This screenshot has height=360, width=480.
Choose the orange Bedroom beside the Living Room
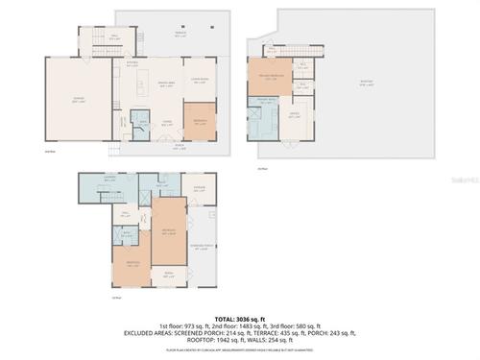[x=200, y=122]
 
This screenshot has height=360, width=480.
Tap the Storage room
[x=198, y=189]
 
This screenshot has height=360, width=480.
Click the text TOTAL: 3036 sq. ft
[x=239, y=317]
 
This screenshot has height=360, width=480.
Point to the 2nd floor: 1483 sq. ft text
[x=236, y=325]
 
